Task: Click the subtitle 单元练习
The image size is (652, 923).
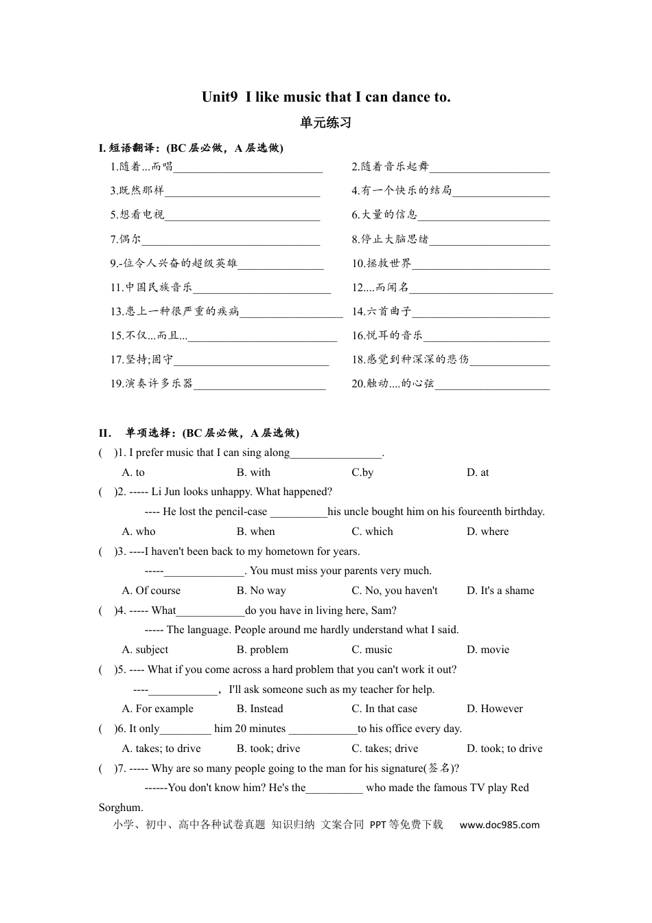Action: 326,123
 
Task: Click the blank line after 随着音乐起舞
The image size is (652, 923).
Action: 489,167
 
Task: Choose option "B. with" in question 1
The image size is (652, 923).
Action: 253,472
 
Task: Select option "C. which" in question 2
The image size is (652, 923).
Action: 372,532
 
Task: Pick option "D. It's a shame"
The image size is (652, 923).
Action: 500,591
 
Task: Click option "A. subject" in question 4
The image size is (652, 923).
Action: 145,650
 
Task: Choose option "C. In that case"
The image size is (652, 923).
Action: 384,709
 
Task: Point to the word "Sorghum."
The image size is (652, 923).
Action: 121,808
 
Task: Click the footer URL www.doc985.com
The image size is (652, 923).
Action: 499,825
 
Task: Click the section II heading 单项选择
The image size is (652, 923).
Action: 152,433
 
